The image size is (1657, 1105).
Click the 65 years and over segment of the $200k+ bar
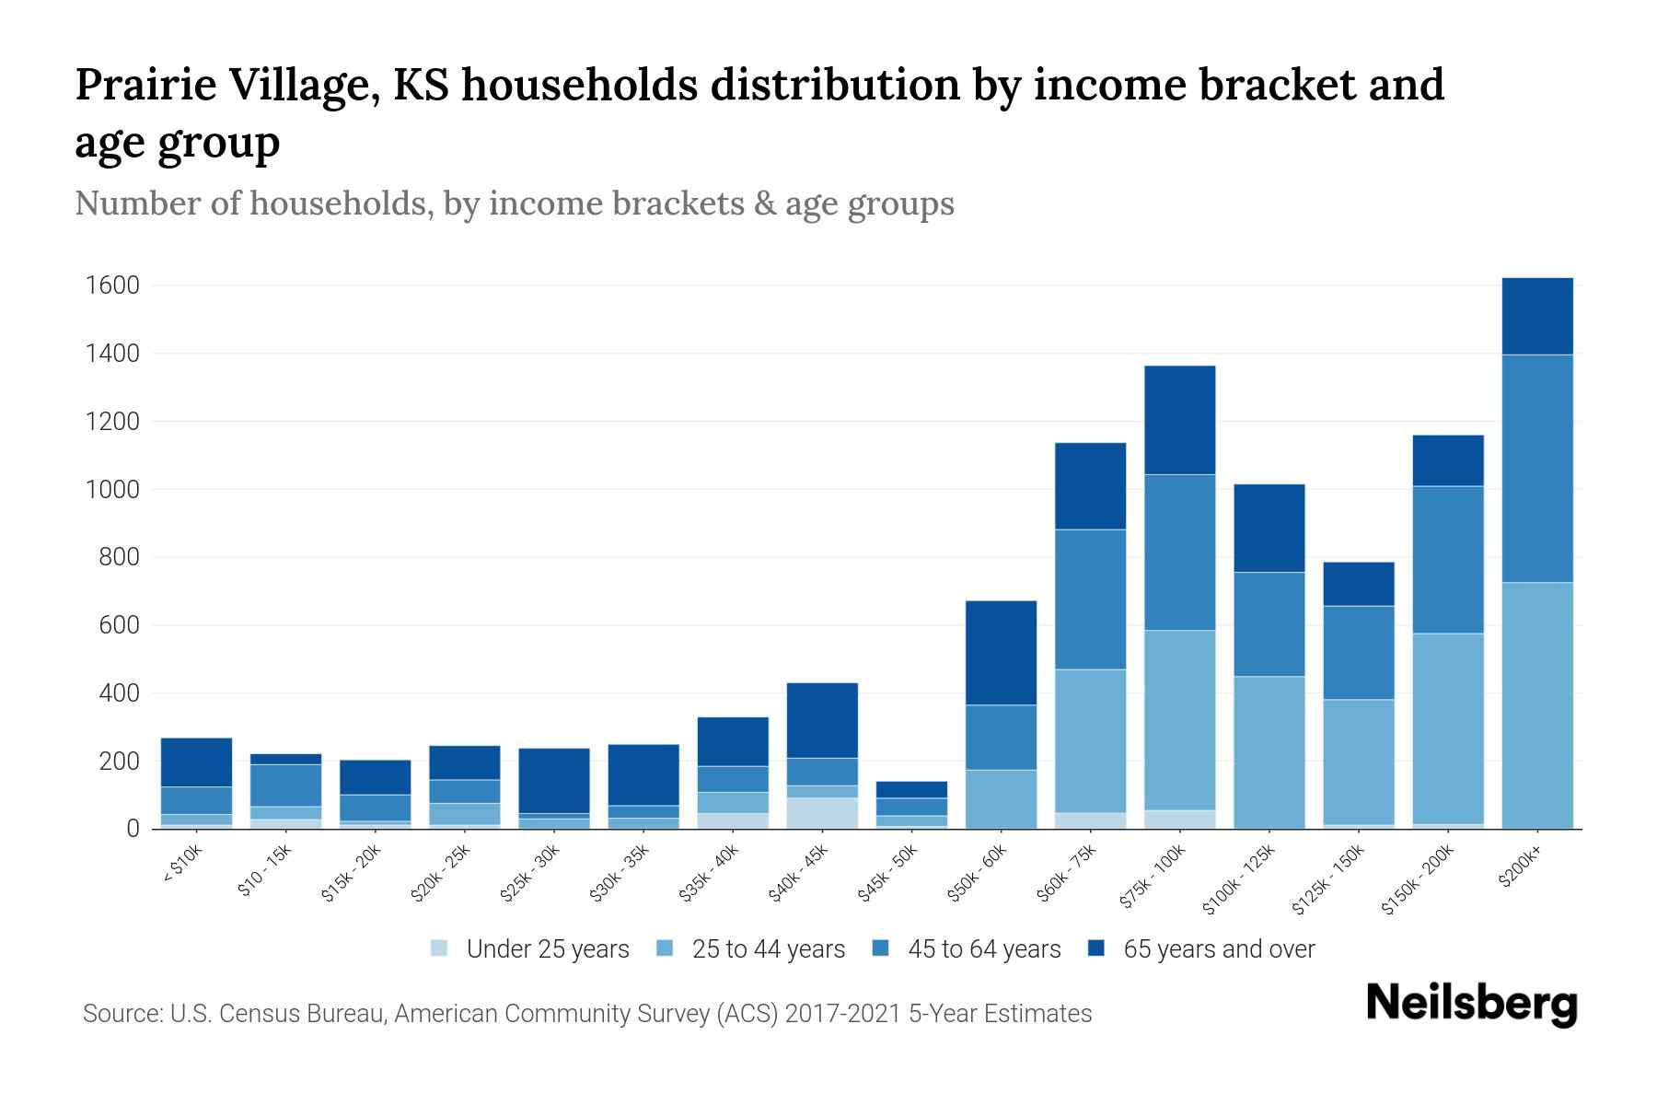pos(1536,316)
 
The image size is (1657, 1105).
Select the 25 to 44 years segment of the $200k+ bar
pos(1536,705)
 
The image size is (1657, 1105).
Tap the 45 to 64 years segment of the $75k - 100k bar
pos(1179,552)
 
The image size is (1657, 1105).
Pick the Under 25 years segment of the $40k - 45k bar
pos(822,813)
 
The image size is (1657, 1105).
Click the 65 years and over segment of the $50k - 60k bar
pos(1001,653)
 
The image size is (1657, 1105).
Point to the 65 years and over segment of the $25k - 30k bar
pos(554,781)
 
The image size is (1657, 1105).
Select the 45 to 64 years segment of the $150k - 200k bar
pos(1447,560)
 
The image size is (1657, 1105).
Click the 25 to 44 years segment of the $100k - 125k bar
pos(1269,752)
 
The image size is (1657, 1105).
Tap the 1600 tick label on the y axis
pos(112,285)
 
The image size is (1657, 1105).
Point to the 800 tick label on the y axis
pos(120,557)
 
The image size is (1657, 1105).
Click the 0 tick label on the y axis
pos(133,829)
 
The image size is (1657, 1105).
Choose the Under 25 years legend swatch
pos(440,948)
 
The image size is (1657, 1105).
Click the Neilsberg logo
pos(1471,1004)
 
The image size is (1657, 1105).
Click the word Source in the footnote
pos(122,1014)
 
